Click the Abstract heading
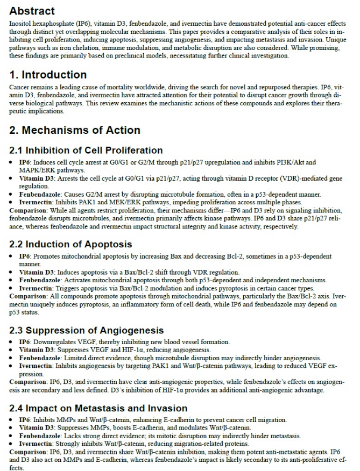[32, 11]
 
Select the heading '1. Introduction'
[48, 75]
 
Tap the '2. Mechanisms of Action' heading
[75, 130]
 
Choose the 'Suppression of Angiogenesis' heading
[87, 330]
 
